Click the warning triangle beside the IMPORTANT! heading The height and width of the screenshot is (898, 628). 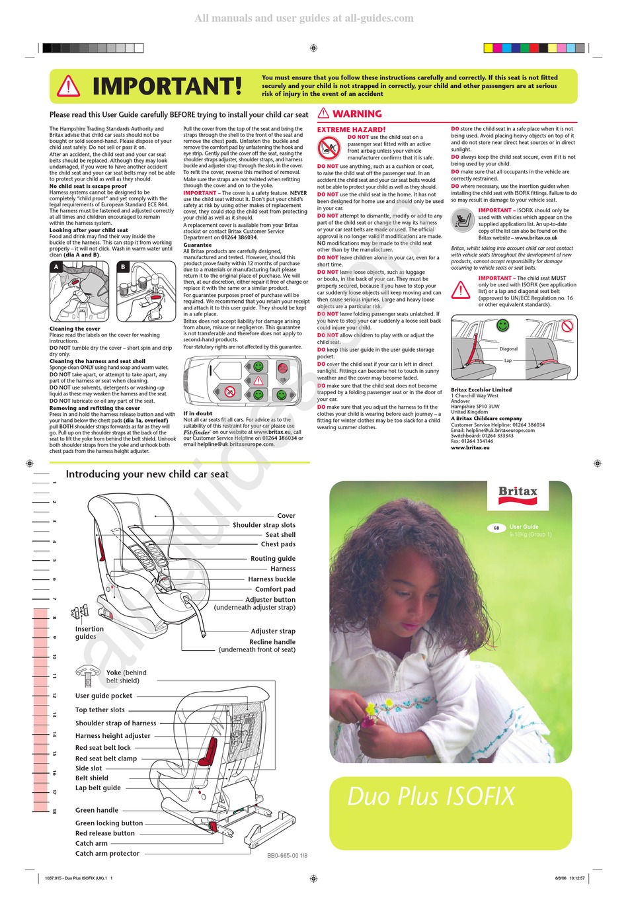68,87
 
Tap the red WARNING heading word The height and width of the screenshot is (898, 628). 357,114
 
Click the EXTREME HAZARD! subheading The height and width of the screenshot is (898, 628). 351,130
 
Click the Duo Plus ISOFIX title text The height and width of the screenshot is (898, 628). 431,796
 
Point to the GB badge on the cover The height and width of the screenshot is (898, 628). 495,528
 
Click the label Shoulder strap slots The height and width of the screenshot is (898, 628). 264,525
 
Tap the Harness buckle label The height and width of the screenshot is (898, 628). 272,579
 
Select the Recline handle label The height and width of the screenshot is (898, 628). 272,642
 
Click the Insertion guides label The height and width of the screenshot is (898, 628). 89,633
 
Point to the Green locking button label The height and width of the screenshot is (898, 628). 109,823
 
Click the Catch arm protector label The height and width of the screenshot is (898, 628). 107,854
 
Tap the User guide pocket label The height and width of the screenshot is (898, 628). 104,696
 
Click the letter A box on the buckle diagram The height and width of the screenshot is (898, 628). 57,267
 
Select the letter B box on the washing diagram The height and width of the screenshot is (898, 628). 123,267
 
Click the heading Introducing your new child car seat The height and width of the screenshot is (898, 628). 147,474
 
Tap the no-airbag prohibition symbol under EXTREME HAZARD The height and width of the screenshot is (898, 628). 329,149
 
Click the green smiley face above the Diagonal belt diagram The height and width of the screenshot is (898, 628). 503,325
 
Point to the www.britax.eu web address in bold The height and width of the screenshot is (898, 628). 470,448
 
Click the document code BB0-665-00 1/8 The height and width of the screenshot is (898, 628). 287,856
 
